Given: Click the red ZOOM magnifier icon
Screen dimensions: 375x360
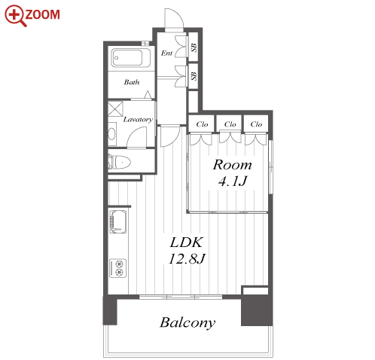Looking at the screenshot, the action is [x=15, y=16].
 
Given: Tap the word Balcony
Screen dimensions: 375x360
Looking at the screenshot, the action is [x=187, y=323].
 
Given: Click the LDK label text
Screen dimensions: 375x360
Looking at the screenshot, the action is [x=186, y=243].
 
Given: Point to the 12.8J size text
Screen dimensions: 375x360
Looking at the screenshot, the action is [x=187, y=258].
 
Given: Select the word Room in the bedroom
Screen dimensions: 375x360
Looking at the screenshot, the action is [x=232, y=165].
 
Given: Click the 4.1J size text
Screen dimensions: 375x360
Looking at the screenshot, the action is [x=233, y=181].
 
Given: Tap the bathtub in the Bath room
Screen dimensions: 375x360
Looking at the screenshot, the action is [x=130, y=57].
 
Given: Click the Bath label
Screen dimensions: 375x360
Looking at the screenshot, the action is [x=132, y=82].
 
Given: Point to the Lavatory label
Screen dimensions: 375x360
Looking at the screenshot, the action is [x=138, y=119].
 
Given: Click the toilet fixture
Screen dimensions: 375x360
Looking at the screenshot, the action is [x=120, y=162].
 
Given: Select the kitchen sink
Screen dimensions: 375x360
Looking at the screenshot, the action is [x=118, y=221].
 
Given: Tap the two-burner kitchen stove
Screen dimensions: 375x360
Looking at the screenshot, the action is [x=118, y=268].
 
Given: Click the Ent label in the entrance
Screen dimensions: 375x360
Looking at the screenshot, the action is [x=167, y=53].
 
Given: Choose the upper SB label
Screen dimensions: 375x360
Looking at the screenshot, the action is [x=194, y=47].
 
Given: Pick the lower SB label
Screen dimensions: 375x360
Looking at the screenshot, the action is [x=194, y=76].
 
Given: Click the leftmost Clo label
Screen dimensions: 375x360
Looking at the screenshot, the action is [x=202, y=124].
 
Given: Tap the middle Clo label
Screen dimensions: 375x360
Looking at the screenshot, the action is [x=230, y=124].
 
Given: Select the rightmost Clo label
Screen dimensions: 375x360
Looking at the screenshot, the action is [x=256, y=124].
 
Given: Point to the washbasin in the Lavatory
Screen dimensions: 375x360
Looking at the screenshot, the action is [x=111, y=134].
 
